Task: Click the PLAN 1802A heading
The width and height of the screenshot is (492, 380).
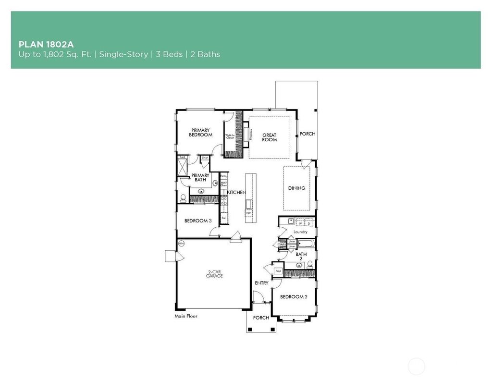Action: [x=46, y=44]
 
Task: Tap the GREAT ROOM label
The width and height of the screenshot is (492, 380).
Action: [x=269, y=137]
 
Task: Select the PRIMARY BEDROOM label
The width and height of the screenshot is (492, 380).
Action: [x=201, y=133]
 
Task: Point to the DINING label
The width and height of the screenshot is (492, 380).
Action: [x=296, y=188]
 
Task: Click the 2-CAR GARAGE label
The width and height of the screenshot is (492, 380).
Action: [x=214, y=274]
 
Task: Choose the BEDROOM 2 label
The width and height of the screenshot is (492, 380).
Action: [x=294, y=297]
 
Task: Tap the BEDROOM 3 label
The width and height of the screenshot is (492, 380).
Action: [x=198, y=221]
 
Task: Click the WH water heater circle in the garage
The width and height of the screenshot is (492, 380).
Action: [x=181, y=244]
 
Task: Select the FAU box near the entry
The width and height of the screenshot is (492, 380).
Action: [x=278, y=271]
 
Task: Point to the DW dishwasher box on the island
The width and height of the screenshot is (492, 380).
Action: [x=249, y=213]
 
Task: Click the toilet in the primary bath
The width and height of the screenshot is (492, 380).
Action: [x=183, y=198]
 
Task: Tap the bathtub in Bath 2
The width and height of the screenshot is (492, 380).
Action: [x=306, y=244]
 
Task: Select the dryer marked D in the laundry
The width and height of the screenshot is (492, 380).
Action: [x=309, y=223]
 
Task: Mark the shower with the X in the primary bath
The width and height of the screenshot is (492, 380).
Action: [x=182, y=168]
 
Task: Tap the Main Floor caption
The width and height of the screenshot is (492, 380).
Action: [x=186, y=317]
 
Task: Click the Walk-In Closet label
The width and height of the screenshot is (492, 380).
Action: [x=230, y=136]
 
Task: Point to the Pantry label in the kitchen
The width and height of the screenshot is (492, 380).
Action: [x=223, y=176]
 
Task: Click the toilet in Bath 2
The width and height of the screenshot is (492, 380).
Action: [x=310, y=264]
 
